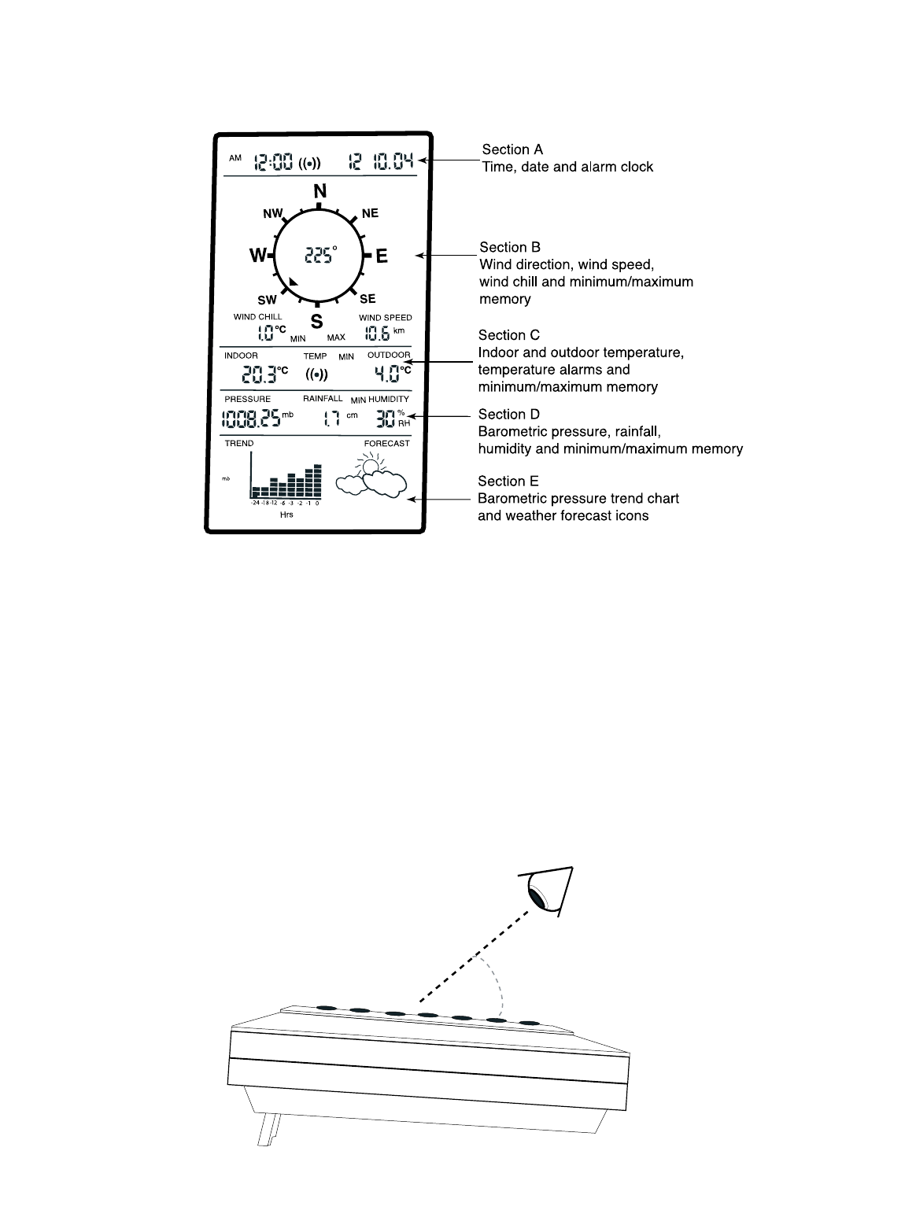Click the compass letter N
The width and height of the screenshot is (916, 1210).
tap(319, 191)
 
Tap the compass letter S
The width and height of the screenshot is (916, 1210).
tap(316, 321)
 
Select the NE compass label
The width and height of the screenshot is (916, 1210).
tap(370, 213)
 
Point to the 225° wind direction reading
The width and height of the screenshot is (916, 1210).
tap(319, 255)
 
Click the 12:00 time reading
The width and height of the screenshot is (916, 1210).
tap(272, 163)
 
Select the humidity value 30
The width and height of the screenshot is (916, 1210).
tap(385, 419)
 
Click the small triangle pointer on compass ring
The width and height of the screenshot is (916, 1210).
tap(294, 281)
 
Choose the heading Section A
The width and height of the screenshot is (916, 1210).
tap(512, 149)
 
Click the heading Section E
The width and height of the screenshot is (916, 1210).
tap(509, 481)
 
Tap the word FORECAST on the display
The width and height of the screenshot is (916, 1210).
tap(386, 444)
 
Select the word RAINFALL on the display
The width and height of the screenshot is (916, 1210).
tap(323, 399)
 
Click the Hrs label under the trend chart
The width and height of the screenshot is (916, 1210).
tap(286, 515)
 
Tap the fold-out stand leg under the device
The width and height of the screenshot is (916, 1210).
tap(268, 1130)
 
